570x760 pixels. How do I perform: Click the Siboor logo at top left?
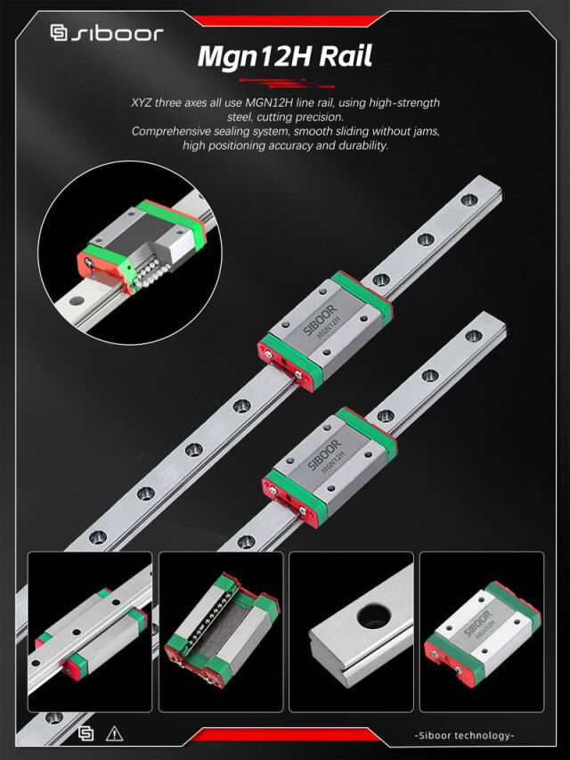pos(106,34)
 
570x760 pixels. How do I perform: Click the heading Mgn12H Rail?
pos(284,57)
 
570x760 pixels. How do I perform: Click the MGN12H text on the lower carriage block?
pos(333,465)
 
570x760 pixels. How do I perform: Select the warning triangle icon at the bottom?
pos(114,734)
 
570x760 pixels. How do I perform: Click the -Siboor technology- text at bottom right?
pos(464,735)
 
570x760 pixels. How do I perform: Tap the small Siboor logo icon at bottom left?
pos(86,734)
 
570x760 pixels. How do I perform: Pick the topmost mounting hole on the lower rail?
pos(473,337)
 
